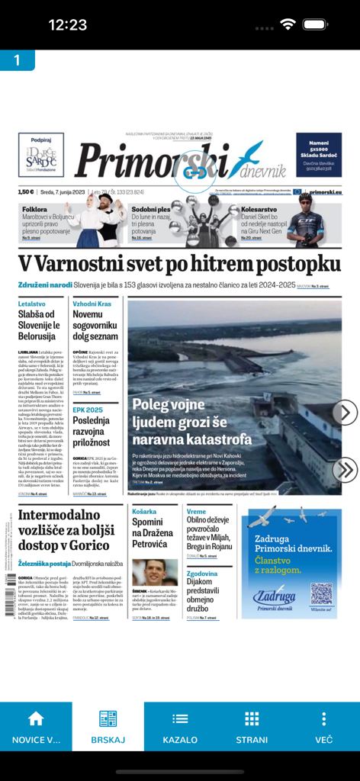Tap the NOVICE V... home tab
click(36, 728)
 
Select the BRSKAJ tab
click(108, 728)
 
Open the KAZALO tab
click(180, 728)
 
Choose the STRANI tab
click(252, 728)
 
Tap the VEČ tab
click(324, 728)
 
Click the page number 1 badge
click(17, 60)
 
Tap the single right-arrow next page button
click(345, 413)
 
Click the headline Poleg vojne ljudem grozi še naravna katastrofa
click(191, 422)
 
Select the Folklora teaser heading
click(35, 209)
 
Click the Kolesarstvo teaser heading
click(259, 209)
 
